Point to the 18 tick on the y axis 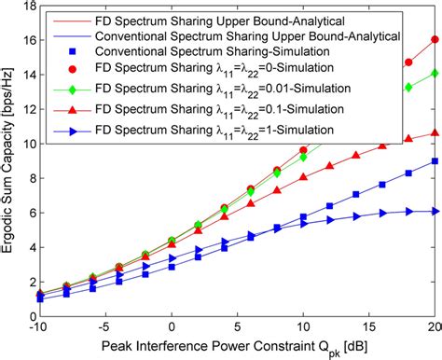(29, 7)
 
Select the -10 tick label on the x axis (40, 328)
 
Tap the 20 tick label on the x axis (435, 328)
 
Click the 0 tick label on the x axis (172, 328)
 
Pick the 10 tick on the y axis (29, 145)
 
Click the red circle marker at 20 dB (435, 40)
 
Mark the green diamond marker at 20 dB (435, 73)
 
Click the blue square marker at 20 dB (435, 161)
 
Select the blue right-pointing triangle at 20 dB (435, 211)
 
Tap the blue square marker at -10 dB (40, 298)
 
